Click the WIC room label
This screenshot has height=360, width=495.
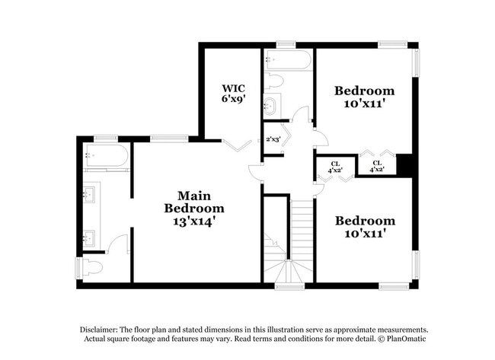point(232,88)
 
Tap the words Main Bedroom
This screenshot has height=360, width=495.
point(195,202)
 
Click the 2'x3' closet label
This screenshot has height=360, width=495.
point(273,139)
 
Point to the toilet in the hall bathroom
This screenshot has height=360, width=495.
point(275,81)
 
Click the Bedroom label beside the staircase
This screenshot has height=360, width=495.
point(366,221)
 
